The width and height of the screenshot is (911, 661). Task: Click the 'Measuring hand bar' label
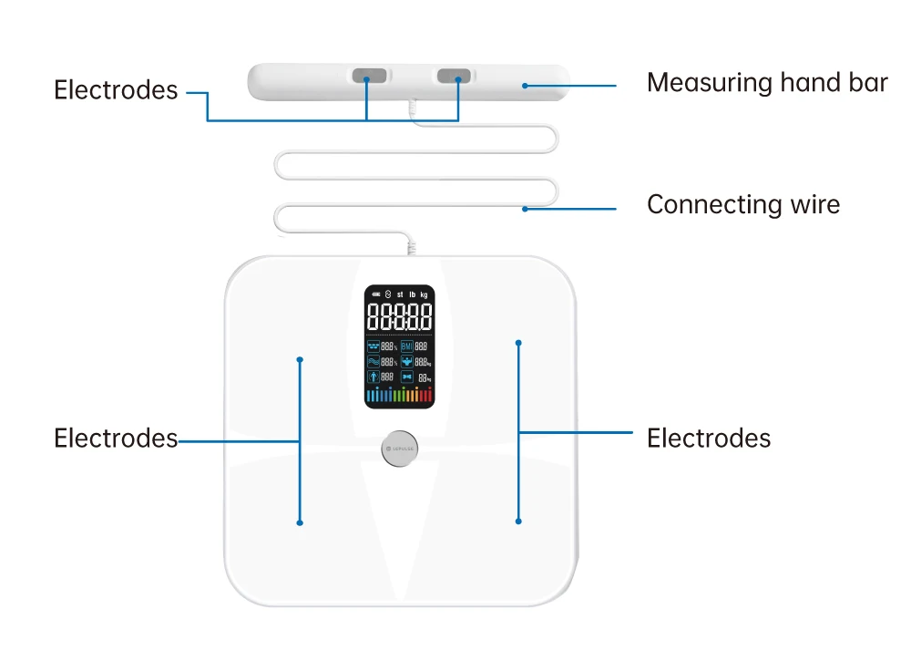click(x=766, y=83)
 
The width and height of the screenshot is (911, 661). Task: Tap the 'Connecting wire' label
click(x=742, y=204)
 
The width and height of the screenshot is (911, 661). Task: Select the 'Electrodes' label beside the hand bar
click(x=116, y=89)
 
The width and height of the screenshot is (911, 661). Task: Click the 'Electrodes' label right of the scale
click(x=708, y=439)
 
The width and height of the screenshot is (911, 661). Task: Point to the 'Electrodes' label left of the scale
click(x=116, y=439)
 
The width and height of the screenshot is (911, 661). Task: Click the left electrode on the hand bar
click(x=367, y=76)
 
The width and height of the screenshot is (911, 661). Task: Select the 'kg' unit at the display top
click(x=424, y=294)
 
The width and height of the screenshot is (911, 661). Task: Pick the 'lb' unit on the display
click(x=412, y=294)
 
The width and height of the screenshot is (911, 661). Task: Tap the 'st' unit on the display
click(x=400, y=294)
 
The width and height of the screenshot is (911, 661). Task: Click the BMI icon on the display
click(x=407, y=346)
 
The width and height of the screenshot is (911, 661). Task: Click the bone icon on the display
click(x=407, y=377)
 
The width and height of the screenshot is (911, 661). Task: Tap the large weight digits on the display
click(x=399, y=317)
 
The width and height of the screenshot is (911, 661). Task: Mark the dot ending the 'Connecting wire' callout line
click(x=525, y=209)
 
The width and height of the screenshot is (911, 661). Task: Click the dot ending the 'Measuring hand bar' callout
click(x=525, y=87)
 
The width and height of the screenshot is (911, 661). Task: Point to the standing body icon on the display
click(x=373, y=377)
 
